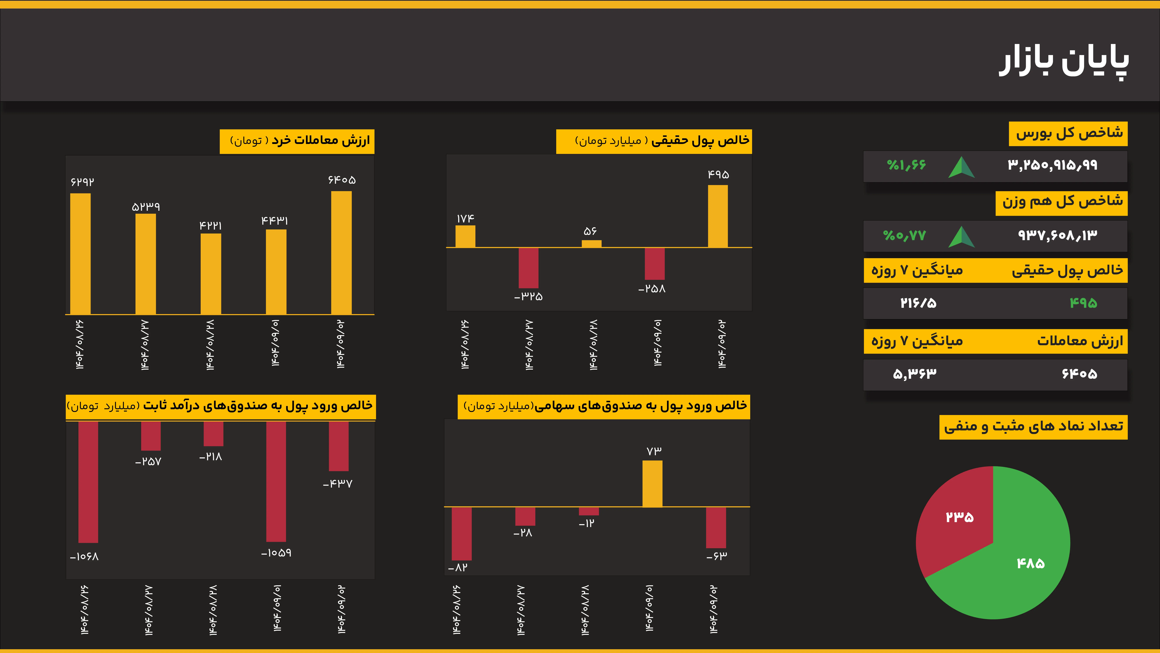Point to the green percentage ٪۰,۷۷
pyautogui.click(x=904, y=235)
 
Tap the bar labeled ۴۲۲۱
pyautogui.click(x=211, y=274)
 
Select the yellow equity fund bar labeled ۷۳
pyautogui.click(x=652, y=484)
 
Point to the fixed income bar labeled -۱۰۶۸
pyautogui.click(x=88, y=482)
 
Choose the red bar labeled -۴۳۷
pyautogui.click(x=339, y=446)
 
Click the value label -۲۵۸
pyautogui.click(x=652, y=289)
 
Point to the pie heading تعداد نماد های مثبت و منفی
pyautogui.click(x=1033, y=426)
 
